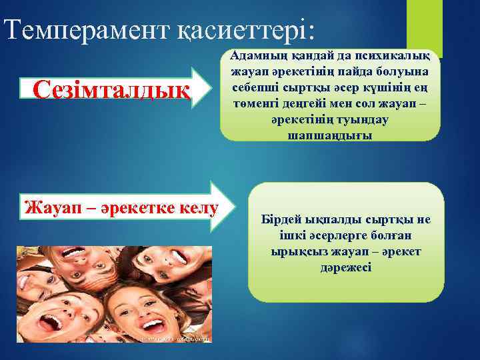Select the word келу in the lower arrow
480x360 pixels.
pos(197,207)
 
